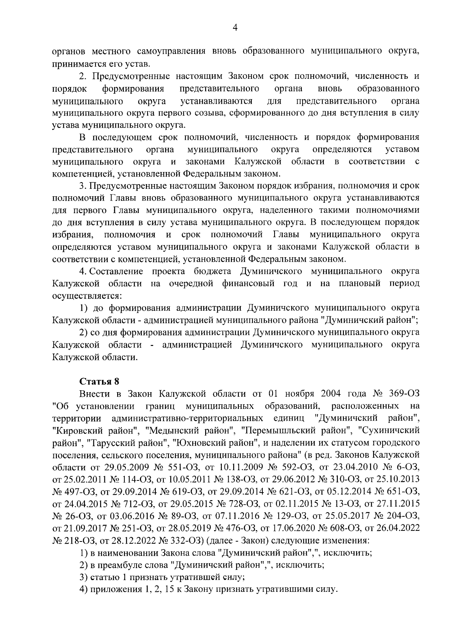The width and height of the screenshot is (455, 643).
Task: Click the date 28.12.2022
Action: pos(129,540)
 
